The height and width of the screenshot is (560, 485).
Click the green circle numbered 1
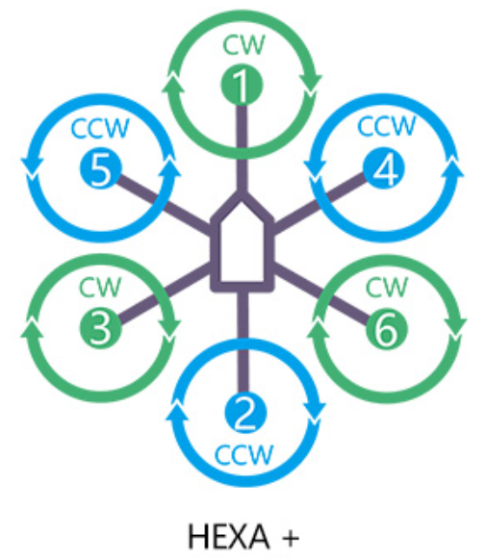pos(242,85)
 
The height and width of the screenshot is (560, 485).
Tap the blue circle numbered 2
pos(245,413)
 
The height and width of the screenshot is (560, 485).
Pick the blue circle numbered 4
pos(384,168)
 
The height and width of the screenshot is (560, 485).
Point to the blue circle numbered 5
pos(101,168)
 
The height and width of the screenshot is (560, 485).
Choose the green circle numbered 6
pos(387,328)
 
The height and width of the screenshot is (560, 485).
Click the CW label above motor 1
pos(243,45)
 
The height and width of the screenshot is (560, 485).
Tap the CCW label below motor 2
pos(244,454)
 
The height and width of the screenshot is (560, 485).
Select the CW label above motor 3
pos(100,287)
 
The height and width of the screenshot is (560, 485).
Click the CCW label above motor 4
pos(387,126)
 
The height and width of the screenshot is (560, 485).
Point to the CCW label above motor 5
pos(100,128)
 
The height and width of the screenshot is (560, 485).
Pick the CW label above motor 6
pos(387,287)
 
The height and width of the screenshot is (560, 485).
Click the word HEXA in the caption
pos(229,537)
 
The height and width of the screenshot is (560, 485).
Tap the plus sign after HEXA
pos(291,538)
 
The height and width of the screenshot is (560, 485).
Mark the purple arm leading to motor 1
pos(242,148)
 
